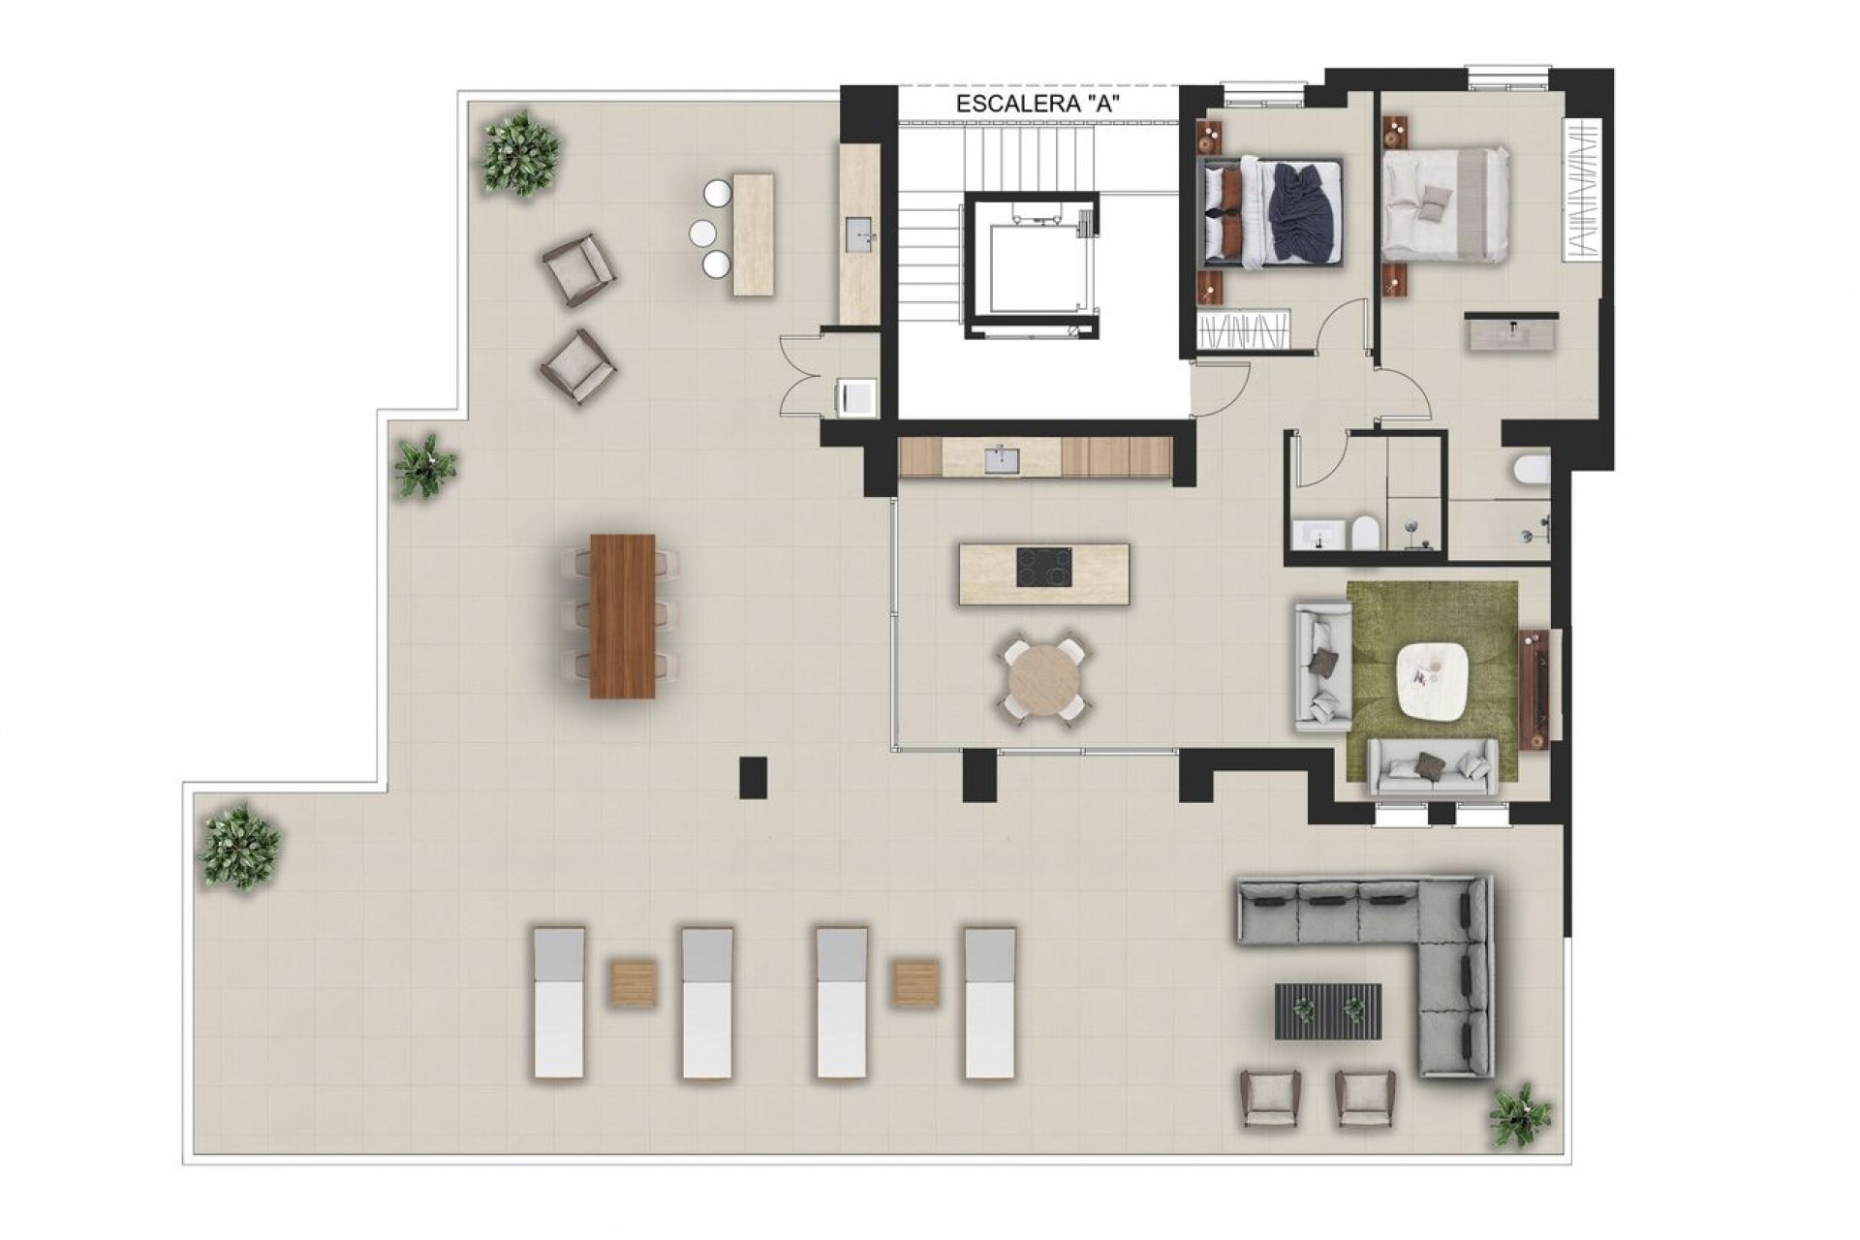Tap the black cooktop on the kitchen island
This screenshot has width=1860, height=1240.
pos(1044,568)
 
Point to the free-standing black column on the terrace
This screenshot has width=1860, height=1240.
pos(753,778)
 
